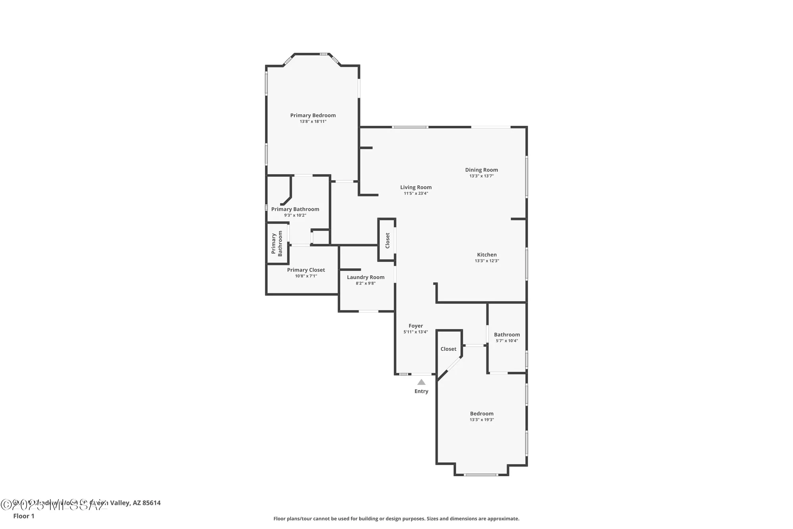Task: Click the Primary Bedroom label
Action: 313,115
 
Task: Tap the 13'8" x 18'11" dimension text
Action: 313,121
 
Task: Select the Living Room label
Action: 416,187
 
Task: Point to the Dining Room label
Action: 481,170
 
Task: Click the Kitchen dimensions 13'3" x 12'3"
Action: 487,261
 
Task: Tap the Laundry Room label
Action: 366,277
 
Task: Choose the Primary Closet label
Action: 306,270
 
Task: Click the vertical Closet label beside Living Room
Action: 387,240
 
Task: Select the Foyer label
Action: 416,326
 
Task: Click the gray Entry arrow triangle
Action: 421,382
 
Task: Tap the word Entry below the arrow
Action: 421,391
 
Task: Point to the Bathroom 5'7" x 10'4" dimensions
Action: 507,340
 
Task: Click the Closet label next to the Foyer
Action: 448,349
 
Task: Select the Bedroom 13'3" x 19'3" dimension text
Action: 481,419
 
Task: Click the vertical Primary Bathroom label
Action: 277,243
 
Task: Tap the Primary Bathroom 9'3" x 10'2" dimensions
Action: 295,215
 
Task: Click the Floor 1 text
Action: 24,516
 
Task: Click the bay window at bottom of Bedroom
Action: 481,475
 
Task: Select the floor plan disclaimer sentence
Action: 396,518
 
